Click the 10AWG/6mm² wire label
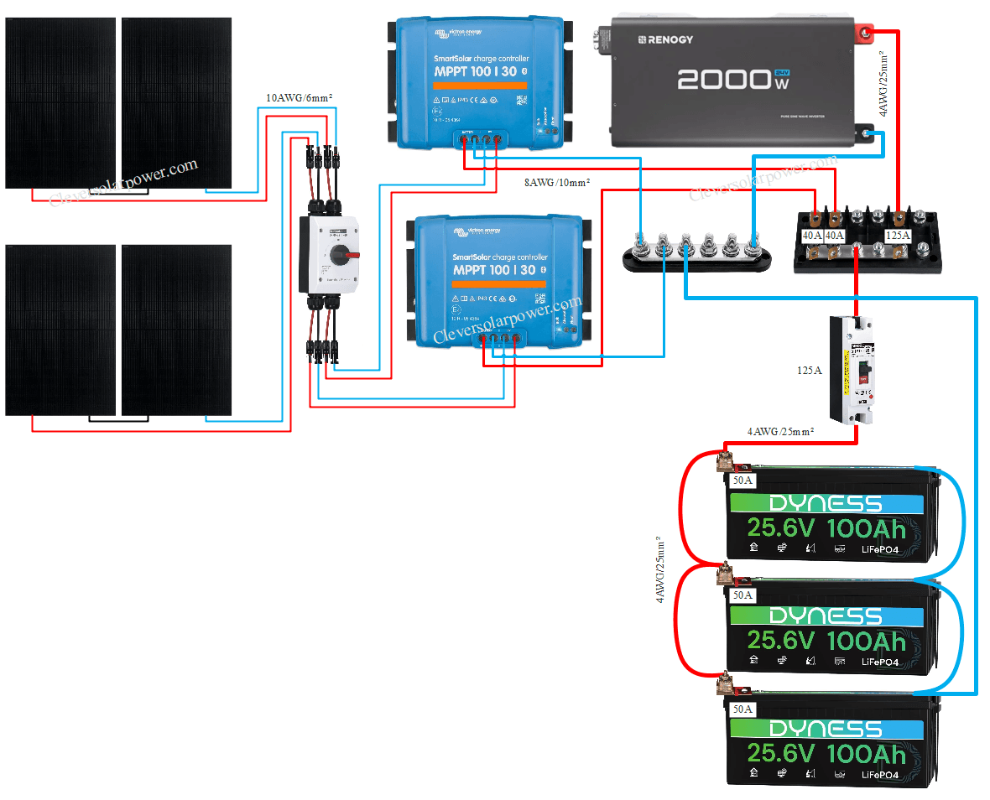300,98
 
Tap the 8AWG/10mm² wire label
556,181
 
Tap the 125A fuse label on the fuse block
898,236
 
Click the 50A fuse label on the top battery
742,481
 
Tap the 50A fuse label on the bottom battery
742,709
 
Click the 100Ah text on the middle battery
866,642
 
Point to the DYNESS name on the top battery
826,503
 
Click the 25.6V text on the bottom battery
780,754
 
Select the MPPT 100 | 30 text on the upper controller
481,72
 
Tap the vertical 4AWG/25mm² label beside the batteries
660,570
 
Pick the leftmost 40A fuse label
812,236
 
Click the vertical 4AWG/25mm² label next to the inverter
882,82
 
